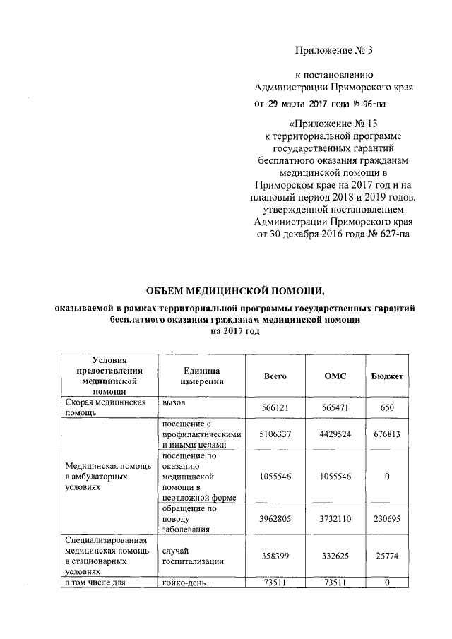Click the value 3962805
(x=275, y=518)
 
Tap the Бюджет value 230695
(x=387, y=518)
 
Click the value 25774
(x=387, y=557)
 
